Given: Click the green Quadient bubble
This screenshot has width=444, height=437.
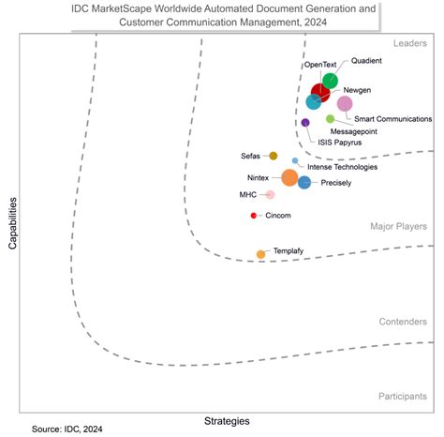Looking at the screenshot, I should (330, 82).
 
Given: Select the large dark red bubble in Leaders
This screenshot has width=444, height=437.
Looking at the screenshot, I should (321, 93).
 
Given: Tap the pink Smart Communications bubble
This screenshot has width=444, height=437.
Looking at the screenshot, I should (345, 104).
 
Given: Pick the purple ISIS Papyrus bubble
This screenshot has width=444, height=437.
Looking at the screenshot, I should (305, 123).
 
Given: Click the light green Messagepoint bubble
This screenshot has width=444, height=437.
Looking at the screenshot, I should (330, 118).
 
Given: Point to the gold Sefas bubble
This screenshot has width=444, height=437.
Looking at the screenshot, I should (274, 156).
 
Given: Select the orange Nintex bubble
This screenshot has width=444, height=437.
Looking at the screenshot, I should (289, 178).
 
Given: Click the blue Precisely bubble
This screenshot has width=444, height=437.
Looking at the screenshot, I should (304, 182).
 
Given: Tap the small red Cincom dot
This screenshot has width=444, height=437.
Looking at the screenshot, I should (254, 216).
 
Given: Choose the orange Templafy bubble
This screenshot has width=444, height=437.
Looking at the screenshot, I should (260, 254).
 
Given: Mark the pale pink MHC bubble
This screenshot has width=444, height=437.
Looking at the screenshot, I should (270, 195).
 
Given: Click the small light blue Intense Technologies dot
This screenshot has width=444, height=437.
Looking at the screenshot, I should (295, 161).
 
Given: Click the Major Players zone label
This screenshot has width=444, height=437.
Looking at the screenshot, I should (399, 226).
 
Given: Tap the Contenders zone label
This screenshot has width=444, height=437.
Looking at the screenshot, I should (403, 322).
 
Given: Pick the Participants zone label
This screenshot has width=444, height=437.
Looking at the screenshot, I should (403, 397).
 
